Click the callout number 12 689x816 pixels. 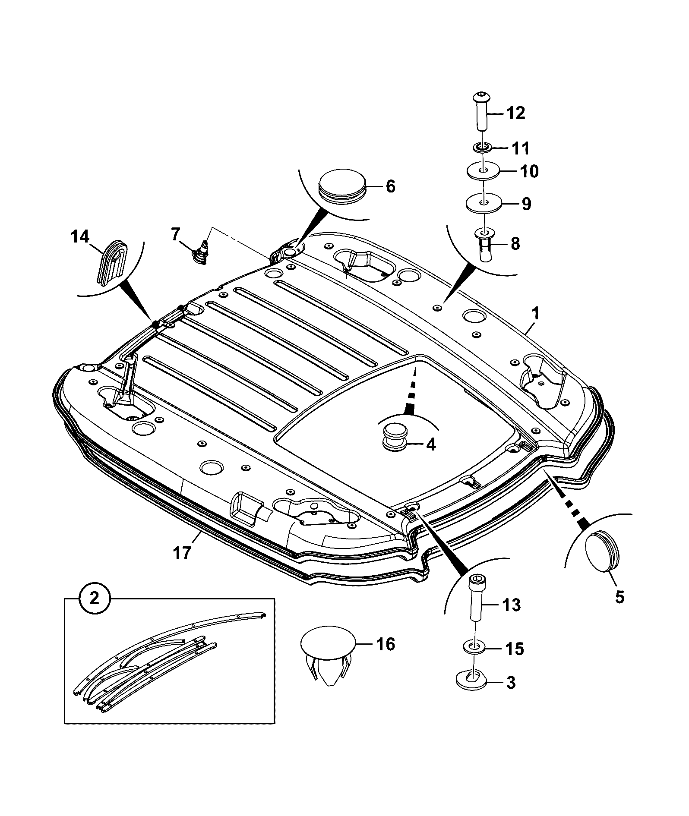(515, 113)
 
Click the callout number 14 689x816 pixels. (80, 237)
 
